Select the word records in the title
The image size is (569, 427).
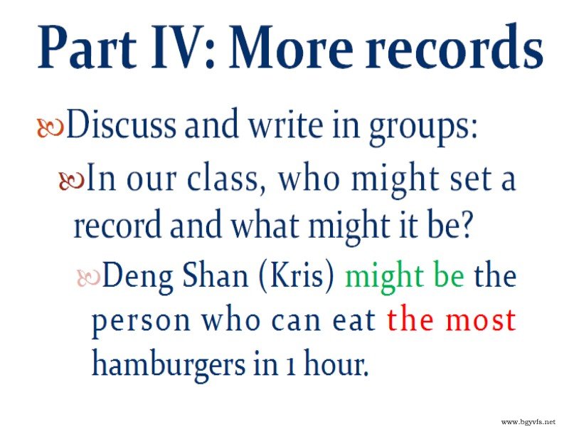click(454, 46)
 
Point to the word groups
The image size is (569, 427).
click(419, 127)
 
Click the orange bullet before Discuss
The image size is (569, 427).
click(50, 128)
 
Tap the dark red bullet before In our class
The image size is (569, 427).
click(72, 181)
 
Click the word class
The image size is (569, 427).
click(227, 179)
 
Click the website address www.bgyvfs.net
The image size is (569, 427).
click(528, 421)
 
